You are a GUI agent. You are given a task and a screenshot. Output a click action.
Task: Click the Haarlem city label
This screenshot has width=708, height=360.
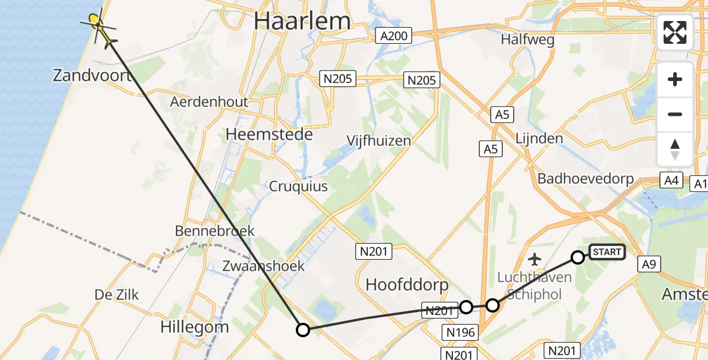[x=302, y=21]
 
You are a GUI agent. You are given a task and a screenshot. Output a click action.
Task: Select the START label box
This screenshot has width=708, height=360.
[x=607, y=252]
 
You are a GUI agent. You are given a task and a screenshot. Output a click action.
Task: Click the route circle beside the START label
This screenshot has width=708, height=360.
[x=577, y=257]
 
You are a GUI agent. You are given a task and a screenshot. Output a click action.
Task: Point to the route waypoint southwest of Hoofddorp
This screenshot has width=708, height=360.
[x=303, y=329]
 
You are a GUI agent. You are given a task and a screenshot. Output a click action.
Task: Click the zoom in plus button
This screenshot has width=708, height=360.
[x=675, y=80]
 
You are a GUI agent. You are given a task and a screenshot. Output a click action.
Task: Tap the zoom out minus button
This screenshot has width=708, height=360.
[x=675, y=115]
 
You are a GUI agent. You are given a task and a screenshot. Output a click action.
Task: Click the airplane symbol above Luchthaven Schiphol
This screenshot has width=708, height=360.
[x=535, y=259]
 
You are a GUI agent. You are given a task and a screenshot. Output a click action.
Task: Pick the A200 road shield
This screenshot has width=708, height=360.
[x=394, y=36]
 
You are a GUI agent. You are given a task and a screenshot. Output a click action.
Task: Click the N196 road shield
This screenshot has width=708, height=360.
[x=461, y=332]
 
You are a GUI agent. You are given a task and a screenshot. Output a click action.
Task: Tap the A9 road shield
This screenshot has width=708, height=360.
[x=649, y=264]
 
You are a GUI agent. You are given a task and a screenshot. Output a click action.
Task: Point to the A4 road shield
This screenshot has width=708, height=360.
[x=671, y=180]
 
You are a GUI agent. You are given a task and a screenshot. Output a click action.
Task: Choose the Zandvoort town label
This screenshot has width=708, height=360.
[x=92, y=76]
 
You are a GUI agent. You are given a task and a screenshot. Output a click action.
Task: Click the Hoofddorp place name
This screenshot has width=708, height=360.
[x=407, y=284]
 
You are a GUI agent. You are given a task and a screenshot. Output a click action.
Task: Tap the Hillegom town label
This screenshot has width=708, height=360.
[x=194, y=327]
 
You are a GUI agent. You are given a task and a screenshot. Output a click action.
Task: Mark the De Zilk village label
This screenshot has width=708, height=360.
[x=116, y=295]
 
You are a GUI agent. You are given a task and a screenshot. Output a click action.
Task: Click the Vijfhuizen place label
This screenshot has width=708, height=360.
[x=379, y=140]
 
